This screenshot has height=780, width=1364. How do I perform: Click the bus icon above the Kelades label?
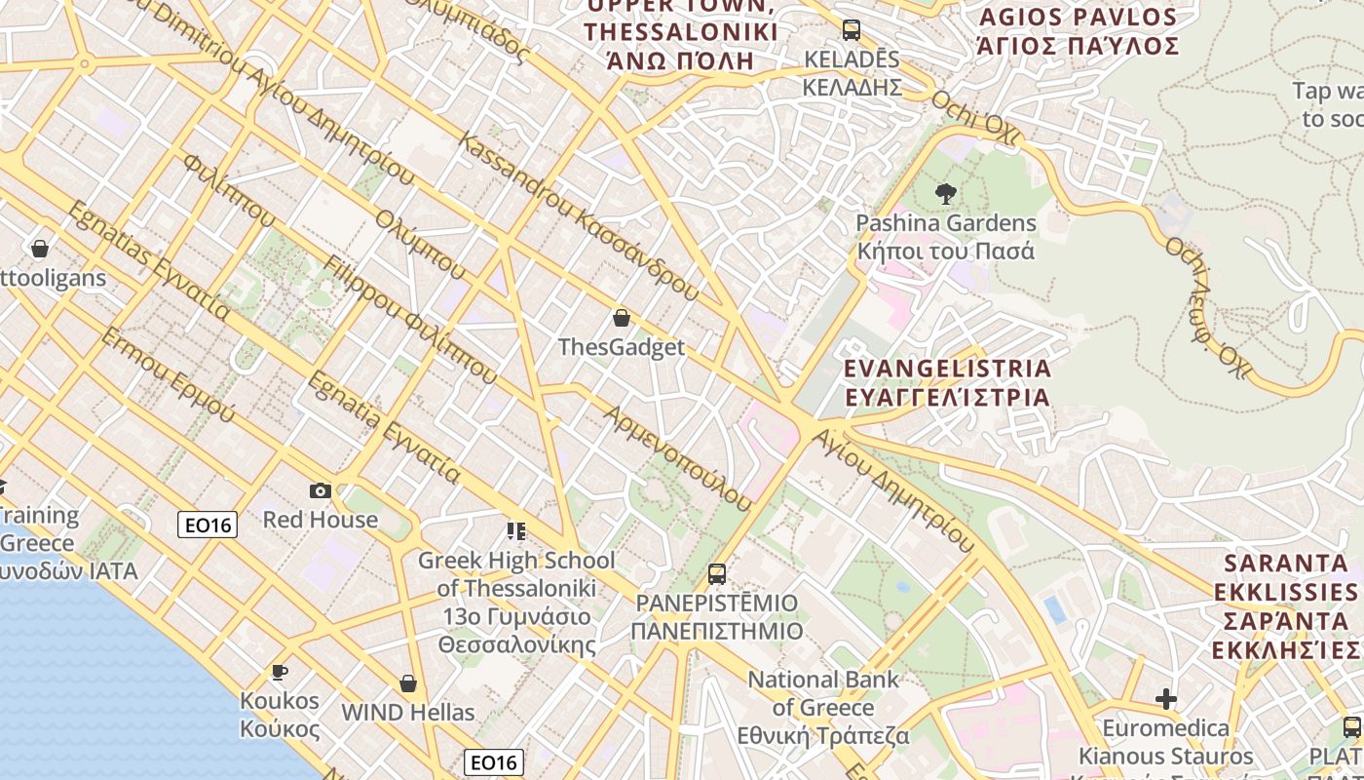[852, 29]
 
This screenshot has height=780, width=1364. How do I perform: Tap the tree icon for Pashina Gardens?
[945, 194]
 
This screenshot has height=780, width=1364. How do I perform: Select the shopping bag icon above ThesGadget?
[622, 318]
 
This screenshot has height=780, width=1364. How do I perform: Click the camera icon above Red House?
[320, 490]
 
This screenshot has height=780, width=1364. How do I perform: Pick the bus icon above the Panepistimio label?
[717, 573]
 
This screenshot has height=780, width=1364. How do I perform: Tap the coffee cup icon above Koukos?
[280, 672]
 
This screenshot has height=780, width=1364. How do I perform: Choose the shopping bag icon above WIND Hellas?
[407, 683]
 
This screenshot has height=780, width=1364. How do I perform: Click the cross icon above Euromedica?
[1165, 699]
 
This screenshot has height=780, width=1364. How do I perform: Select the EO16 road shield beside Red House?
[208, 526]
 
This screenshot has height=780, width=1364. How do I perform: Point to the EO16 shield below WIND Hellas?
[494, 762]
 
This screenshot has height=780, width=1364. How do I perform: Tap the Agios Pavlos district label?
[1079, 31]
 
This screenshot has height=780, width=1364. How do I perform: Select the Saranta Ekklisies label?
[1286, 606]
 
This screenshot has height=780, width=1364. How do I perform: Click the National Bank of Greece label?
[823, 707]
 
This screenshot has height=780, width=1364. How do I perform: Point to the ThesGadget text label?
[622, 347]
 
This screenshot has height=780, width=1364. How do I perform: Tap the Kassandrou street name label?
[579, 215]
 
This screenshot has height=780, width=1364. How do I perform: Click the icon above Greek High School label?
[516, 531]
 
